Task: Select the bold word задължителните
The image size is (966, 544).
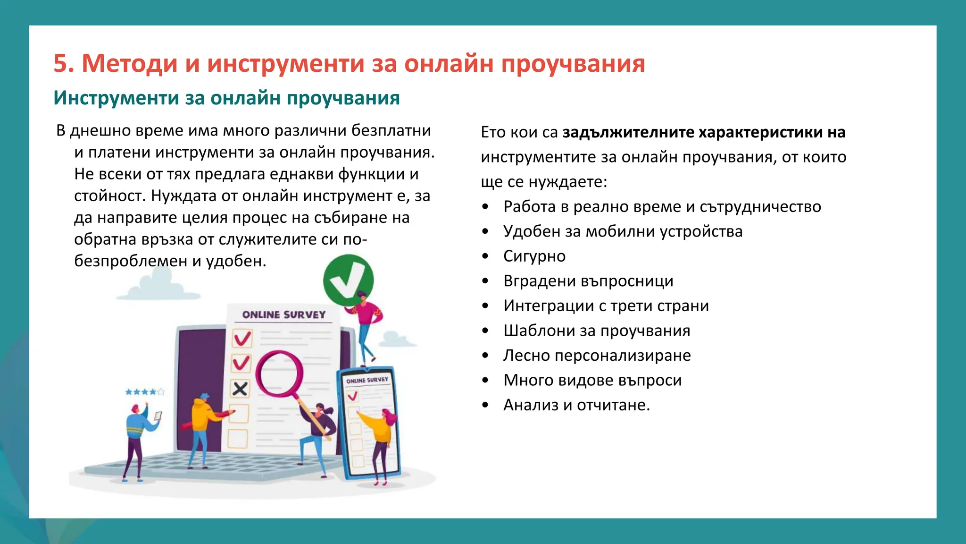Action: tap(628, 132)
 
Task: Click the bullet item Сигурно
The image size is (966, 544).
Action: tap(534, 256)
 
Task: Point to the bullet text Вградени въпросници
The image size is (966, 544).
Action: tap(588, 281)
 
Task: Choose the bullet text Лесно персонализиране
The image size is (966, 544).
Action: tap(597, 355)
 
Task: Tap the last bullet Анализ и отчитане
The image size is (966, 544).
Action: tap(576, 405)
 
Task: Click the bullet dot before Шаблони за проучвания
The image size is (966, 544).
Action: tap(485, 331)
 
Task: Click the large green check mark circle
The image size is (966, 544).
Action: tap(348, 280)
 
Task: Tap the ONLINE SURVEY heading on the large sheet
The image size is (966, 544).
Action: tap(283, 314)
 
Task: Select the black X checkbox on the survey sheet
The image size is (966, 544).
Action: tap(240, 389)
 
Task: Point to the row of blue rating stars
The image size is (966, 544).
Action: tap(144, 391)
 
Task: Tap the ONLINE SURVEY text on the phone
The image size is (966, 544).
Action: tap(367, 380)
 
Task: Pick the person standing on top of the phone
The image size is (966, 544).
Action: tap(365, 326)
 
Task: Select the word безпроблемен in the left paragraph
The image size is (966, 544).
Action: tap(130, 261)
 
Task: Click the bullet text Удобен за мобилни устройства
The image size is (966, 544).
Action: tap(623, 231)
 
